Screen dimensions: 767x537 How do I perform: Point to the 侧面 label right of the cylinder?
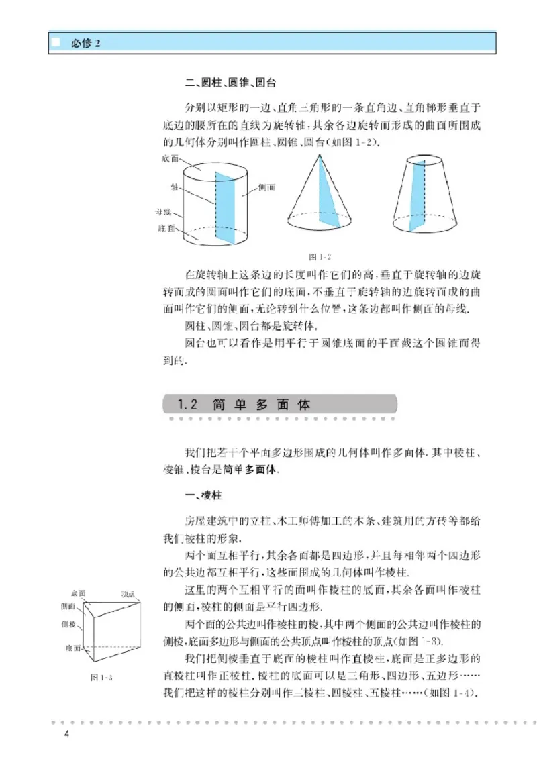tap(266, 188)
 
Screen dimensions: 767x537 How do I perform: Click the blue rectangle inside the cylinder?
tap(226, 205)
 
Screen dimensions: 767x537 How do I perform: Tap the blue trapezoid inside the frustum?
tap(417, 195)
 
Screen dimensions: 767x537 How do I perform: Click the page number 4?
tap(66, 732)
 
